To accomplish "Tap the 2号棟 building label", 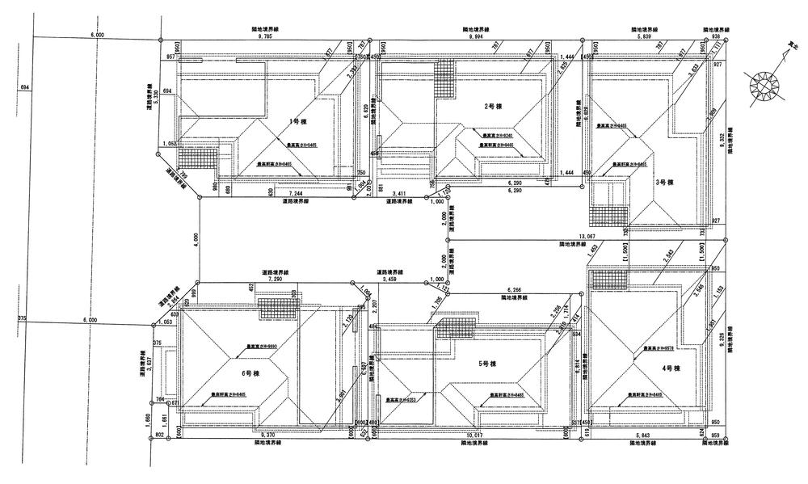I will coord(490,107).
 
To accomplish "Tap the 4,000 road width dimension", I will coord(195,239).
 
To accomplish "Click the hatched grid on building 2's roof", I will coord(445,78).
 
